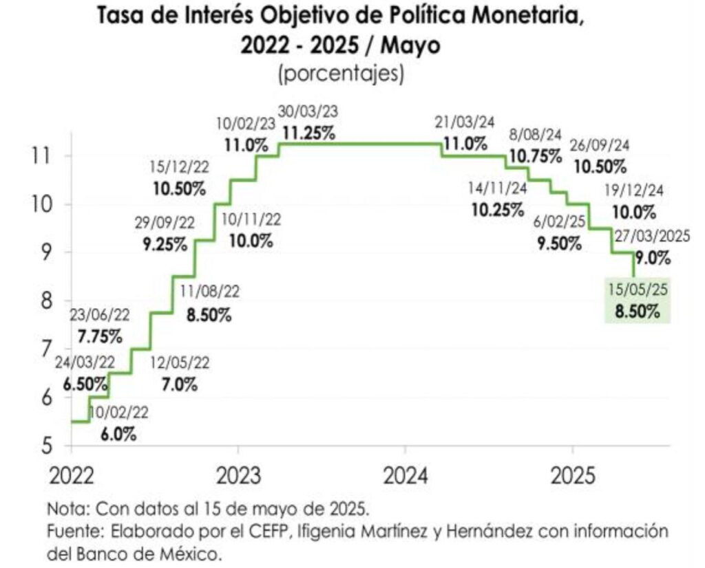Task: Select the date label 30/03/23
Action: (308, 111)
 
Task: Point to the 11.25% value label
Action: (308, 133)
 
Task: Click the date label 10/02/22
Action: (119, 413)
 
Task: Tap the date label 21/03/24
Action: (465, 122)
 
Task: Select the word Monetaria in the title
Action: (533, 17)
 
